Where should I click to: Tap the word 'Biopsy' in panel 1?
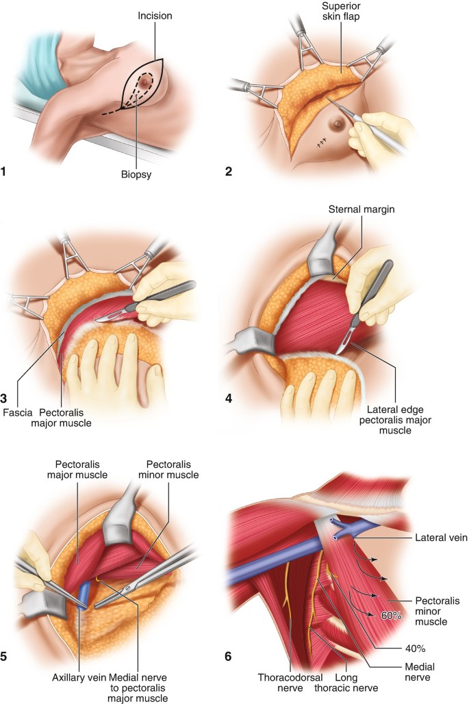point(136,175)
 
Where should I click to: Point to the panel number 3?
point(5,396)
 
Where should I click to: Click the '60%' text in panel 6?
point(391,616)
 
